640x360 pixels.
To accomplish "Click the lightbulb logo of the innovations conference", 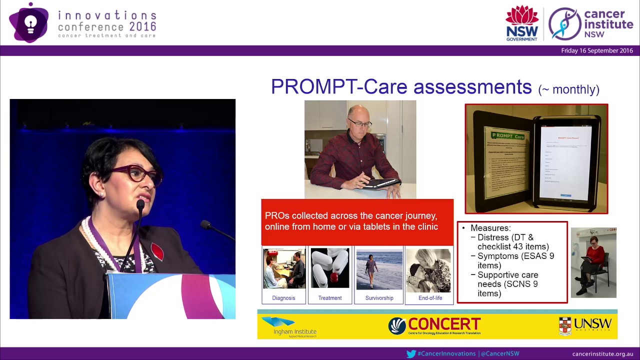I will click(x=29, y=23).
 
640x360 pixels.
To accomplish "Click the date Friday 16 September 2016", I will click(x=596, y=50).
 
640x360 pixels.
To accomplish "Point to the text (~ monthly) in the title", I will click(x=568, y=89).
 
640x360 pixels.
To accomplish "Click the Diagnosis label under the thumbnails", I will click(x=283, y=298).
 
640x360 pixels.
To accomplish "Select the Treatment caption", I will click(x=330, y=298).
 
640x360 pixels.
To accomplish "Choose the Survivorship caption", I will click(x=379, y=298).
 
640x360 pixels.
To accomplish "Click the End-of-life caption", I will click(x=430, y=298).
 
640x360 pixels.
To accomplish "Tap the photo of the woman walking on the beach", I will click(x=379, y=270).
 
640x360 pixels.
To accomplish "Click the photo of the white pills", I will click(x=330, y=268).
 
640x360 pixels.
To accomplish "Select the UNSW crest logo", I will click(x=565, y=325).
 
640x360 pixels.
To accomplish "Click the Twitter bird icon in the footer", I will click(x=411, y=353).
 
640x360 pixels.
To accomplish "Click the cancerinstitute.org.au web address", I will click(x=602, y=353).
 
